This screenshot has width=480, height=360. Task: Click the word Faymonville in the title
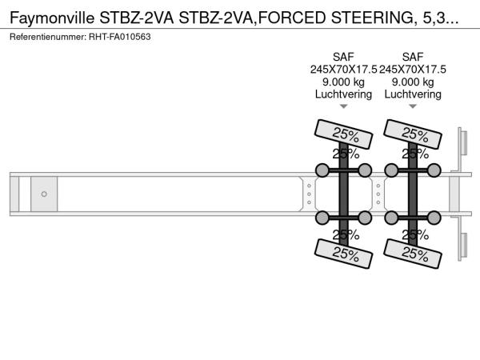coord(52,18)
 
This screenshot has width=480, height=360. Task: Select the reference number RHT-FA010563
coord(120,37)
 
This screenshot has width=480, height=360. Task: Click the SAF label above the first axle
coord(343,57)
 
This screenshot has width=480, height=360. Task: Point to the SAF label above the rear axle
coord(413,57)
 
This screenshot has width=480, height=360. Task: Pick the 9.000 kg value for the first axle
coord(343,82)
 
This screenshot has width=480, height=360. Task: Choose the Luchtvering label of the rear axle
coord(413,94)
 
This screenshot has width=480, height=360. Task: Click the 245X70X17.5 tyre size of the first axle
coord(343,69)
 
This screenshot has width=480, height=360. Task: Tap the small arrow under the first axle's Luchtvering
coord(344,106)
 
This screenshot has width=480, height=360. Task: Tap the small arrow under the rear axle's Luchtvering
coord(413,106)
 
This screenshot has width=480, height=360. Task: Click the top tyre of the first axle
coord(343,134)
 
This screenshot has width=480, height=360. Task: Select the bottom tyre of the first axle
coord(343,254)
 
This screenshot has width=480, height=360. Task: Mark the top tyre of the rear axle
coord(413,134)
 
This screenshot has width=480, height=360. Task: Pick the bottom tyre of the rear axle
coord(413,254)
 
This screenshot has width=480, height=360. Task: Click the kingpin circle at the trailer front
coord(44,194)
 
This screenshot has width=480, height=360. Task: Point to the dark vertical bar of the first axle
coord(343,194)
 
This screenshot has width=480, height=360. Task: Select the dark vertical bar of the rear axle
coord(413,194)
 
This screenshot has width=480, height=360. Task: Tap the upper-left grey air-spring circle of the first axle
coord(322,170)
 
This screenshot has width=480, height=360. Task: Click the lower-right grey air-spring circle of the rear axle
coord(434,218)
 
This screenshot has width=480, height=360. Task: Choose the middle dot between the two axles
coord(378,194)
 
